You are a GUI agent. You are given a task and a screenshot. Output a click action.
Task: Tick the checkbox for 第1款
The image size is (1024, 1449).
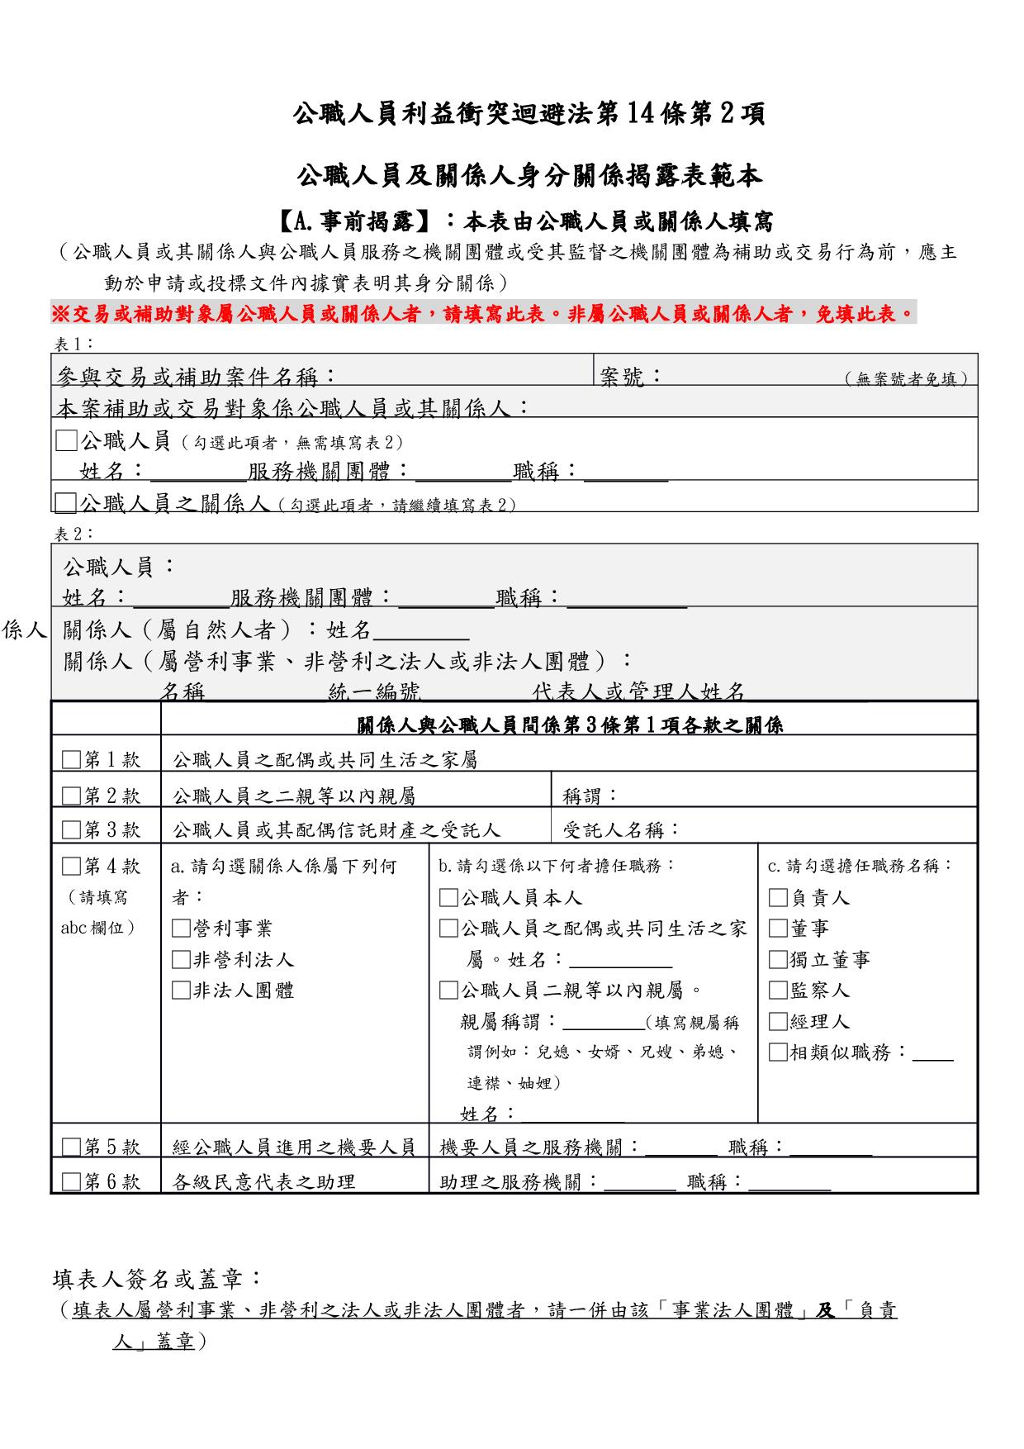click(x=72, y=759)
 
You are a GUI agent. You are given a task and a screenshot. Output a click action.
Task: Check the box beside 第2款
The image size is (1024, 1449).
click(x=72, y=796)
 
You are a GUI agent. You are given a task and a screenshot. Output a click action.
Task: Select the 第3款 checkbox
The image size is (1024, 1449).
click(x=72, y=829)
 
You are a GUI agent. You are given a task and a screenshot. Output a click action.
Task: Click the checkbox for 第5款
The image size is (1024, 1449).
click(x=72, y=1147)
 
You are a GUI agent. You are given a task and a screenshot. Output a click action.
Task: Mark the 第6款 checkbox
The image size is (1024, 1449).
click(x=72, y=1181)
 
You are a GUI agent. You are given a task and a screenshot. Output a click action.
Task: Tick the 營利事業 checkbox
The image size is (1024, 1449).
click(x=180, y=929)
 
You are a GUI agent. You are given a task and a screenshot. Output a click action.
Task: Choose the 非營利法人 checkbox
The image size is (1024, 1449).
click(x=180, y=960)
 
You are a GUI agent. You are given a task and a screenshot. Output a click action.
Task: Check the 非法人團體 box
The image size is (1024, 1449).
click(x=180, y=991)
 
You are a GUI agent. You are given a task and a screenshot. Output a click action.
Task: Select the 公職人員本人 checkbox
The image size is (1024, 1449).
click(x=448, y=898)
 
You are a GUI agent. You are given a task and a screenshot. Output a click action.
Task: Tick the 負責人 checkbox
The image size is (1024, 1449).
click(x=778, y=898)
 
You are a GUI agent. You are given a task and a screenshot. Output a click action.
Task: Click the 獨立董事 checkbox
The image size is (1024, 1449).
click(x=778, y=960)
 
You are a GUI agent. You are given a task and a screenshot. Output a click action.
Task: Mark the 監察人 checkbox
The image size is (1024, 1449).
click(x=778, y=991)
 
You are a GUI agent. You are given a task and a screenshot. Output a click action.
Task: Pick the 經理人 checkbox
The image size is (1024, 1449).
click(x=778, y=1022)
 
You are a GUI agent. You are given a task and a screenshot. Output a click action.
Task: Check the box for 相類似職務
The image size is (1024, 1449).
click(x=778, y=1052)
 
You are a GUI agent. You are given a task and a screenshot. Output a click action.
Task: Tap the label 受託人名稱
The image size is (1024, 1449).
click(x=621, y=829)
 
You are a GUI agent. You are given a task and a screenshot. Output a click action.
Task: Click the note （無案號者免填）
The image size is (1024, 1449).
click(x=907, y=379)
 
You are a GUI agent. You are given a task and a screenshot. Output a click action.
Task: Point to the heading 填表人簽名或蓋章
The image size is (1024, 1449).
click(x=158, y=1280)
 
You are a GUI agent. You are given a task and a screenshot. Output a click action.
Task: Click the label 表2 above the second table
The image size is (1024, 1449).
click(x=74, y=534)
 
